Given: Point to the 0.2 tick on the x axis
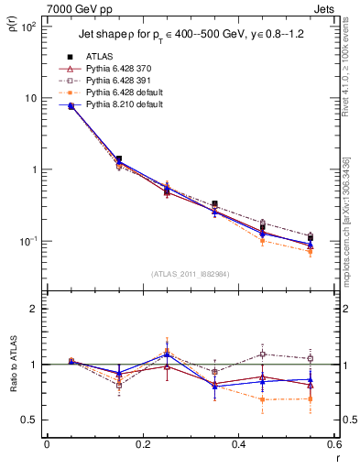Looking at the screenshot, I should [142, 446].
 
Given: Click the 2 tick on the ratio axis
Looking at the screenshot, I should [32, 309].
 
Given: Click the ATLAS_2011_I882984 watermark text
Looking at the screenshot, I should [191, 274].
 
